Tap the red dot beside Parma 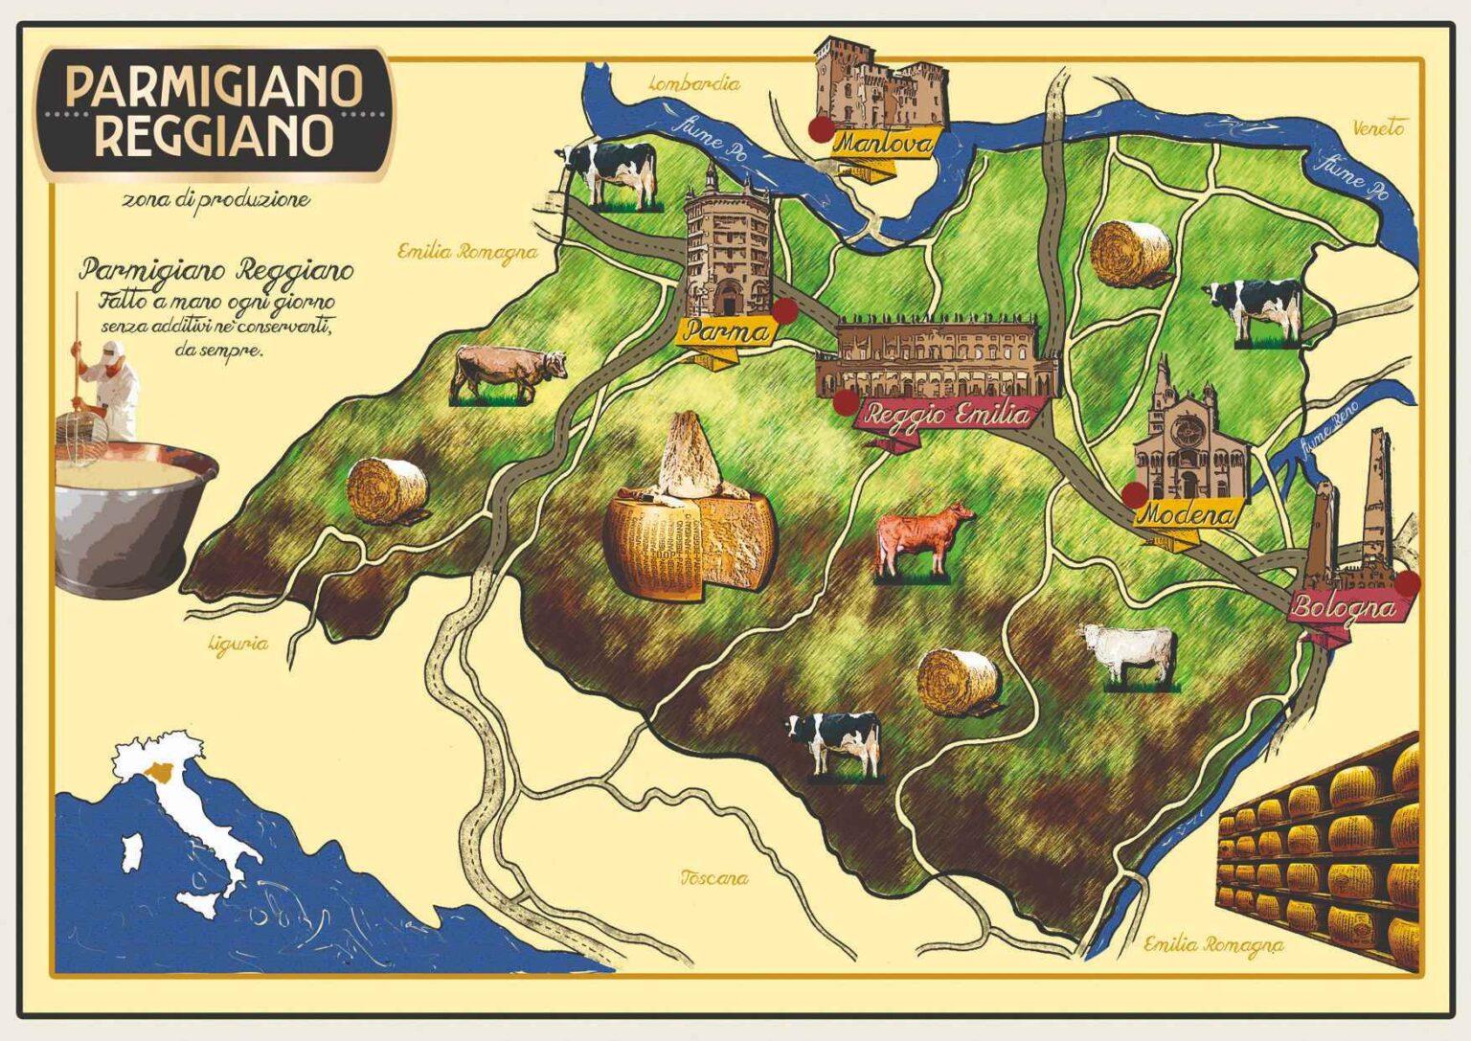pos(784,310)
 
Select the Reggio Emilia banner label pos(947,415)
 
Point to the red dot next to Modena pos(1134,494)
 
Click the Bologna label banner pos(1341,607)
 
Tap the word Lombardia pos(694,83)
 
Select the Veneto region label pos(1378,126)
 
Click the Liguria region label pos(238,645)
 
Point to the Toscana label pos(713,877)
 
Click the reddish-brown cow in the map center pos(921,538)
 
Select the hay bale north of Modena pos(1131,253)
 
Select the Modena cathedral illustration pos(1177,437)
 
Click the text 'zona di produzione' pos(215,200)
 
